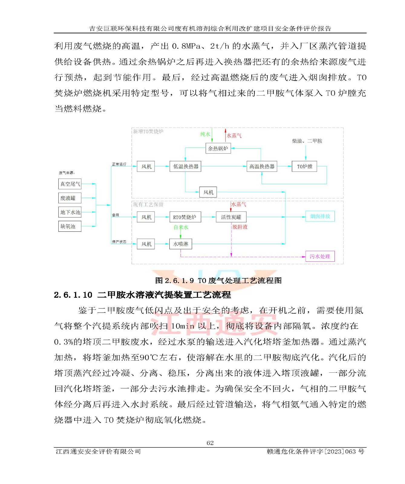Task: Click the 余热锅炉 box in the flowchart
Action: [x=218, y=149]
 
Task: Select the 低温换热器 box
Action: [x=185, y=166]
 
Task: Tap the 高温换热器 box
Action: [x=262, y=166]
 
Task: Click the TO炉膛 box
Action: [x=304, y=166]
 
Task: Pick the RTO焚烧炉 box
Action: [x=185, y=217]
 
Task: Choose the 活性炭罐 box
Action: [x=231, y=217]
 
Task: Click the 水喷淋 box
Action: [x=181, y=244]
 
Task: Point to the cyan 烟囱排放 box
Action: [x=320, y=216]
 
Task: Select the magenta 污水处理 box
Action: [x=320, y=257]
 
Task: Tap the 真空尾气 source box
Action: [x=70, y=184]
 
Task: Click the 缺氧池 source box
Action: [x=70, y=226]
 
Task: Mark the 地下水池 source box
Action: [x=70, y=212]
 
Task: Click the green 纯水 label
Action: [x=205, y=134]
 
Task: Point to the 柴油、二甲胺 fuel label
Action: [x=307, y=141]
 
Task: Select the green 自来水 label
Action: [x=181, y=227]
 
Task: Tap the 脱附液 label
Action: [x=240, y=227]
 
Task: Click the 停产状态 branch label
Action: [x=119, y=242]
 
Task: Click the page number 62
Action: [x=210, y=443]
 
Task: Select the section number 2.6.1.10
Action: [x=73, y=295]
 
